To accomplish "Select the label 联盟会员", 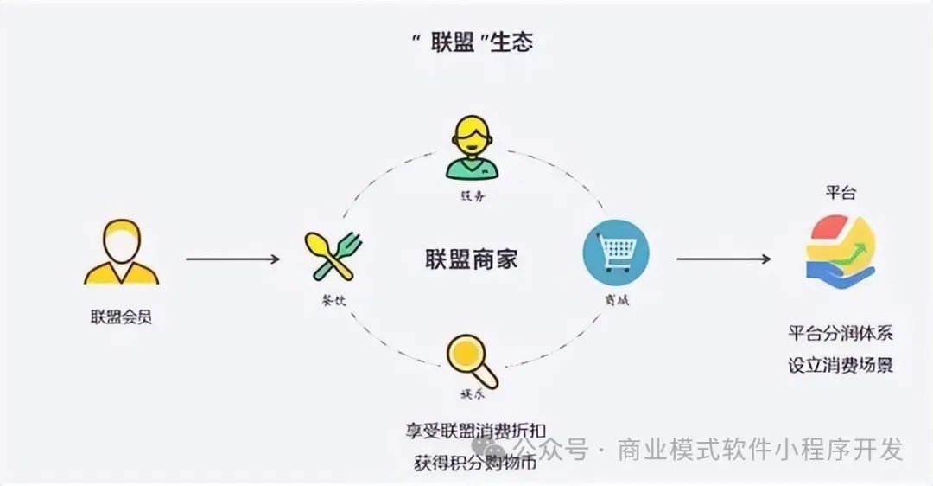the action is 121,317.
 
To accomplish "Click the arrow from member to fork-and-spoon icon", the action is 233,259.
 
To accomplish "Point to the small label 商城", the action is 615,299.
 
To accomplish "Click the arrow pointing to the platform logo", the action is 723,259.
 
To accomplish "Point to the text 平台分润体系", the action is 840,334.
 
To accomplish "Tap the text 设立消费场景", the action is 840,365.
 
